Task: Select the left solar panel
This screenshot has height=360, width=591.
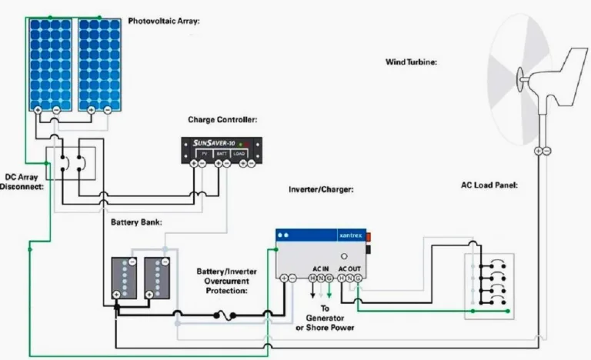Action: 51,63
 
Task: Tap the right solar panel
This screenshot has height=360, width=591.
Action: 98,63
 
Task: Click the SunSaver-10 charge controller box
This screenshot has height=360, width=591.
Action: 221,149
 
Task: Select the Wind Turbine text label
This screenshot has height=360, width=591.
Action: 411,62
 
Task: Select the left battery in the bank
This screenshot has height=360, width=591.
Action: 124,276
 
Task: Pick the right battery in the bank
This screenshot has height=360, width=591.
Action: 157,276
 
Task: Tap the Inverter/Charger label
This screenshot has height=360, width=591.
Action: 321,188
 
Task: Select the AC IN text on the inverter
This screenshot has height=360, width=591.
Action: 319,267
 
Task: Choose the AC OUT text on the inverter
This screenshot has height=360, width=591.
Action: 349,267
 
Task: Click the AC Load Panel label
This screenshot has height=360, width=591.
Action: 488,185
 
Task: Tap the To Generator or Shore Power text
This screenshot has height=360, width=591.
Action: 325,318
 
